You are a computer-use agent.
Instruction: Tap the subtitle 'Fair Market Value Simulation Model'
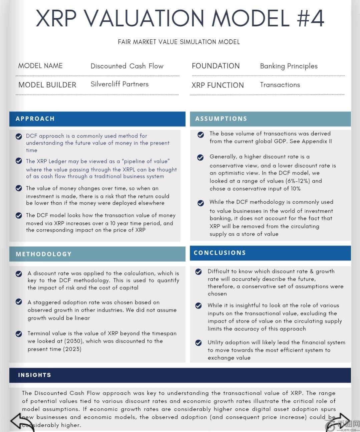pos(179,42)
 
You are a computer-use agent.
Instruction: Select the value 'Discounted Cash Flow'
pos(127,66)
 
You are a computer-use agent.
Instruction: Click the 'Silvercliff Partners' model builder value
pos(119,84)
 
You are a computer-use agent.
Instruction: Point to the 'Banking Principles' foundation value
pos(289,66)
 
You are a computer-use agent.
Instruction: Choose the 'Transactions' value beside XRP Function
pos(280,85)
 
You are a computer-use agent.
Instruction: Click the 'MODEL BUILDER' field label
pos(47,85)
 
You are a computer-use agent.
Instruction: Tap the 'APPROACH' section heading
pos(35,119)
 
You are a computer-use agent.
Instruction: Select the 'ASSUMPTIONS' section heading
pos(221,119)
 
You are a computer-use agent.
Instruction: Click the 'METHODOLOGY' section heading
pos(44,254)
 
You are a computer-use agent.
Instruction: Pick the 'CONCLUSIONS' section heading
pos(220,253)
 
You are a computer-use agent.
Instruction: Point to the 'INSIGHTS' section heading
pos(35,375)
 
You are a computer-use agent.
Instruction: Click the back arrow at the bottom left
pos(22,421)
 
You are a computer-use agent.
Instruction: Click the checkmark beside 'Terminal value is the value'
pos(19,334)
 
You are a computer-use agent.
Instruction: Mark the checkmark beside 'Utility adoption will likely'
pos(199,343)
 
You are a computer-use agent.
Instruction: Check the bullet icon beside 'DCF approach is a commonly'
pos(19,136)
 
